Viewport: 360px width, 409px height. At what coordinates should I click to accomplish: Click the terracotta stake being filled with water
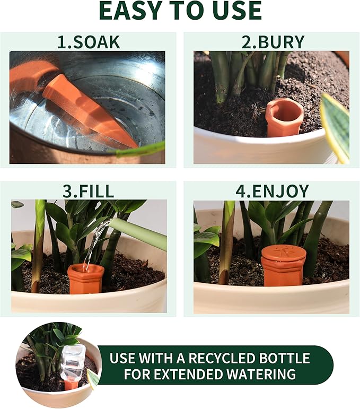85,279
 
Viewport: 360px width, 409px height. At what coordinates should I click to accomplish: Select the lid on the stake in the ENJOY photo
284,253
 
